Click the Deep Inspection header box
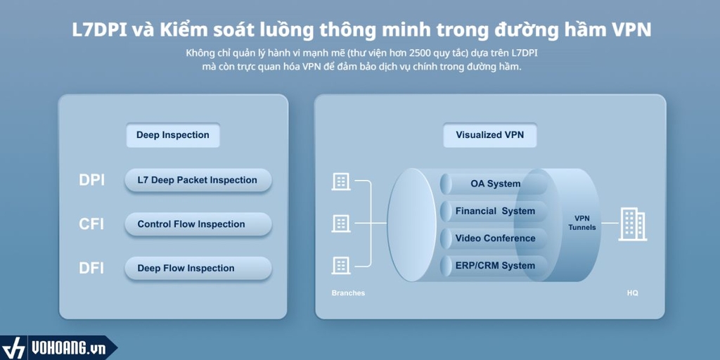pyautogui.click(x=173, y=135)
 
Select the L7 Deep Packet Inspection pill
pyautogui.click(x=198, y=180)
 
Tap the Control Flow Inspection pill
pyautogui.click(x=198, y=224)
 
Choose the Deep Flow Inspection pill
pyautogui.click(x=198, y=268)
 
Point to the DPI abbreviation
pyautogui.click(x=92, y=181)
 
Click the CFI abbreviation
pyautogui.click(x=91, y=224)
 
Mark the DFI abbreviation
pyautogui.click(x=91, y=268)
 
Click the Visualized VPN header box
pyautogui.click(x=490, y=135)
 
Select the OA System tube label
pyautogui.click(x=496, y=184)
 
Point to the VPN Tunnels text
pyautogui.click(x=581, y=223)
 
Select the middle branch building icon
pyautogui.click(x=341, y=224)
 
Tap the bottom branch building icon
pyautogui.click(x=341, y=265)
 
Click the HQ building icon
pyautogui.click(x=633, y=224)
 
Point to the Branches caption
pyautogui.click(x=348, y=293)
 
